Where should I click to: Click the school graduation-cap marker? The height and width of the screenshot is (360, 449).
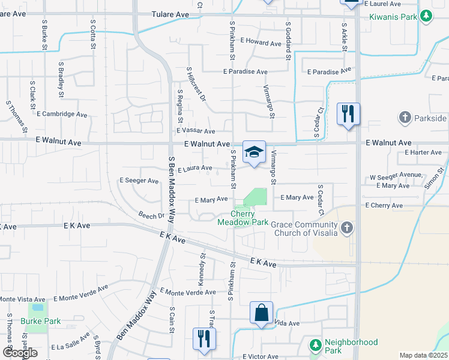[x=254, y=152]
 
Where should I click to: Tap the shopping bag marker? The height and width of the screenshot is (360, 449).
[x=261, y=313]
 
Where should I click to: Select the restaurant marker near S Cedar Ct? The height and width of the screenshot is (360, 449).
[x=348, y=113]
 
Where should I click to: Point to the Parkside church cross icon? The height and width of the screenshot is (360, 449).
[x=405, y=117]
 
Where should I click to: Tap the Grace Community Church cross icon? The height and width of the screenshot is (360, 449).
[x=346, y=228]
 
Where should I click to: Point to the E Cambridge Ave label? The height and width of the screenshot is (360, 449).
[x=62, y=114]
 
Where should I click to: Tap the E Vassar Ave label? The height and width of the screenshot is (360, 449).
[x=196, y=131]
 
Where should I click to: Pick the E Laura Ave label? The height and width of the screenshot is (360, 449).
[x=195, y=169]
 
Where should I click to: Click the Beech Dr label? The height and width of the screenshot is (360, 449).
[x=151, y=215]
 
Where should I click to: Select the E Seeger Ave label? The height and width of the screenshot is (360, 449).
[x=139, y=181]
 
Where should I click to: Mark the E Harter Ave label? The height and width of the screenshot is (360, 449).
[x=423, y=152]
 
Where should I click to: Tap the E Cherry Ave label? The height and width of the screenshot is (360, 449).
[x=384, y=205]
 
